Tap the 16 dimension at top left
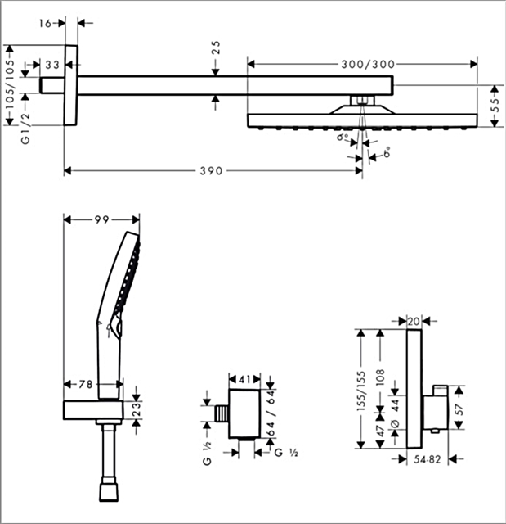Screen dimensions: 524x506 coord(47,24)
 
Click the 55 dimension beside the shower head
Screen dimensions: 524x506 coord(495,106)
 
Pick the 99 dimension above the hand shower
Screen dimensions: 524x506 coord(101,219)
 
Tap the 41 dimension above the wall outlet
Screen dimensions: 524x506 coord(244,379)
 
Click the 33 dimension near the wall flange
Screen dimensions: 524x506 coord(51,64)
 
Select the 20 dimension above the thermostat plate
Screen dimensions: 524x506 coord(413,321)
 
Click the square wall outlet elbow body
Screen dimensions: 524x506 coord(244,414)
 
